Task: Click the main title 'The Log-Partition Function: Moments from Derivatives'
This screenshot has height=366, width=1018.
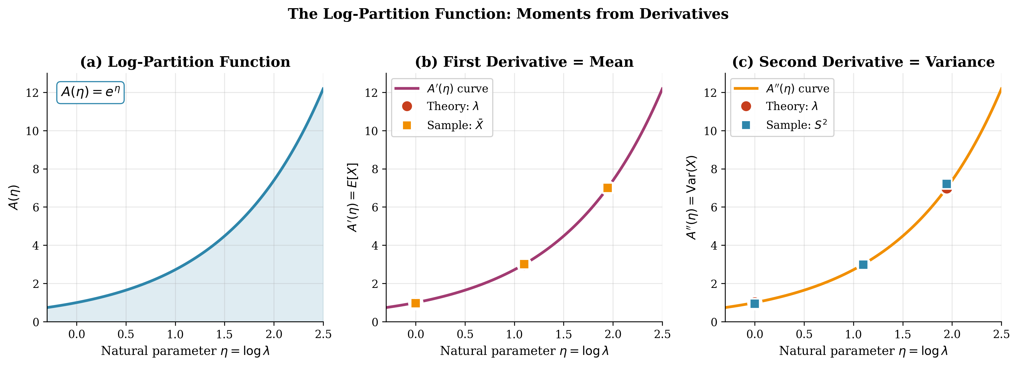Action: [x=508, y=14]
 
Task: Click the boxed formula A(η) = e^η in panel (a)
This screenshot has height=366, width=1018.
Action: [x=91, y=92]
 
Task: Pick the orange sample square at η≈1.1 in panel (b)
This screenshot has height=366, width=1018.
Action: [x=524, y=264]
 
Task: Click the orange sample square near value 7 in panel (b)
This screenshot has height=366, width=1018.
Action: [x=607, y=188]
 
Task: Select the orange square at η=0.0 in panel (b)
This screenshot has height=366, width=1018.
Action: [x=415, y=303]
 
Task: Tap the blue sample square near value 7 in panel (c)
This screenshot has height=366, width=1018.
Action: [x=946, y=184]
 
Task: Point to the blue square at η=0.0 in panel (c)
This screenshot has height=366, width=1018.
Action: [x=754, y=304]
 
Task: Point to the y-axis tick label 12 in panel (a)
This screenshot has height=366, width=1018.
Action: [x=32, y=93]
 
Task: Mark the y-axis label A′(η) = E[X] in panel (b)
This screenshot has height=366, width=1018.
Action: [x=353, y=197]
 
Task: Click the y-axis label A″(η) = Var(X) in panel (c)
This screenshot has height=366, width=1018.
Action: [x=692, y=197]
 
